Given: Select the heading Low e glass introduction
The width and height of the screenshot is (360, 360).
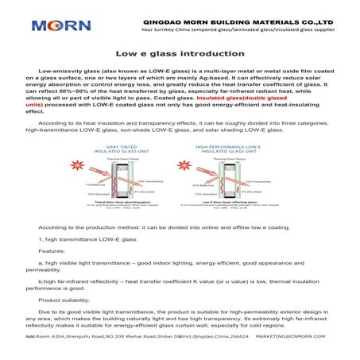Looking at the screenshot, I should [x=180, y=53].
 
